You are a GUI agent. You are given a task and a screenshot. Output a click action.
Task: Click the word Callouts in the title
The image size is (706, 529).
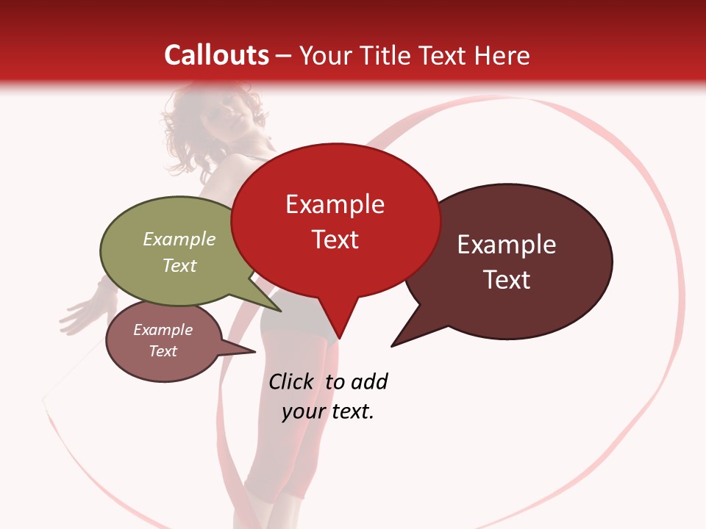tap(217, 55)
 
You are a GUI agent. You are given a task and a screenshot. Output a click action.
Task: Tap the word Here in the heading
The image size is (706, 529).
tap(502, 55)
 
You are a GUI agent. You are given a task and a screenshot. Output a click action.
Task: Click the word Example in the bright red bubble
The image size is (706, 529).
tap(335, 204)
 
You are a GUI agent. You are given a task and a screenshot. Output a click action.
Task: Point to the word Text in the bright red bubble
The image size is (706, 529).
tap(335, 240)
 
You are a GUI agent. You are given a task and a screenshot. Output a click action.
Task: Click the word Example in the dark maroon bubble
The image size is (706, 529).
tap(507, 245)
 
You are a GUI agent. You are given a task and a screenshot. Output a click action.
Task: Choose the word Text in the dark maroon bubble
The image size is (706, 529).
tap(507, 280)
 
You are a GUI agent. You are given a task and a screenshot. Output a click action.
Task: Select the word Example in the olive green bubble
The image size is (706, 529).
tap(179, 239)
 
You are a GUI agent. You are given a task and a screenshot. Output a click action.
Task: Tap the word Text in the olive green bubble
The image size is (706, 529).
tap(179, 265)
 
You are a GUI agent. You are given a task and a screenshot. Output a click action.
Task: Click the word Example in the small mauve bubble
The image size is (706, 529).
tap(163, 330)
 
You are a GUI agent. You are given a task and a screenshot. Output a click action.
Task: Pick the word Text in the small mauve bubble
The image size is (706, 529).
tap(163, 351)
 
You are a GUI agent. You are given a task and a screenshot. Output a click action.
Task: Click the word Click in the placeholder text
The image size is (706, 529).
tap(290, 381)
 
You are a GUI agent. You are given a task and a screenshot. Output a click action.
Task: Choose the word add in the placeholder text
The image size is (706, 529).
tap(369, 381)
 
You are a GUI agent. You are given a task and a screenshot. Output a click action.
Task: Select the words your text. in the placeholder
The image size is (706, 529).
tap(328, 411)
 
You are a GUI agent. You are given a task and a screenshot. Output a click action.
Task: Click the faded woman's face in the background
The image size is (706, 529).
tap(210, 121)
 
